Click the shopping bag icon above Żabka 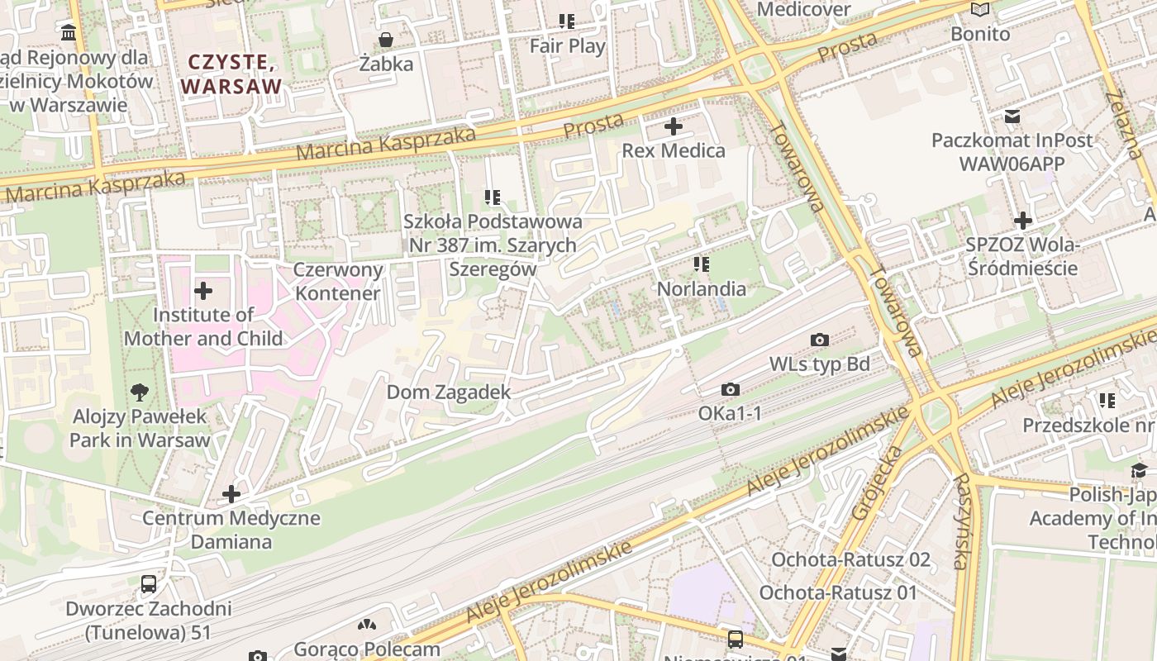(385, 40)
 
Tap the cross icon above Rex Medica (674, 126)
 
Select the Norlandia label (701, 289)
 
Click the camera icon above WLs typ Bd (820, 340)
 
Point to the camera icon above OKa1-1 (730, 389)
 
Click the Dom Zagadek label (449, 392)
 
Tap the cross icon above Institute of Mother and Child (202, 291)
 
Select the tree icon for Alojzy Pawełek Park (140, 392)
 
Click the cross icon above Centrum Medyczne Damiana (231, 494)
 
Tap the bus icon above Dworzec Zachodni (149, 584)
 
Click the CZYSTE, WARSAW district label (231, 74)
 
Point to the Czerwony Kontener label (339, 281)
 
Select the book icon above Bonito (980, 10)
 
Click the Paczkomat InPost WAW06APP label (1012, 151)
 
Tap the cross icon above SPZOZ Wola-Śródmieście (1023, 221)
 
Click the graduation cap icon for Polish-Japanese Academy (1139, 471)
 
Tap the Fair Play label (567, 46)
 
